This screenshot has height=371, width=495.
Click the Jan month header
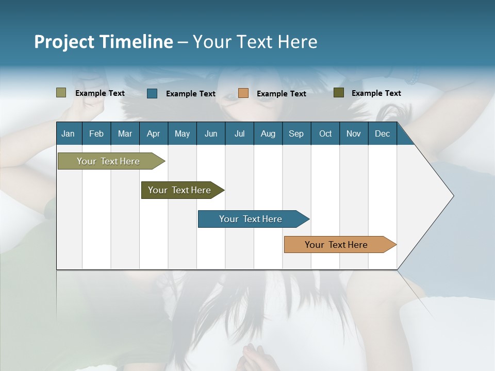pos(68,134)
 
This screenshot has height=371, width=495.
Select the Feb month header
pos(96,134)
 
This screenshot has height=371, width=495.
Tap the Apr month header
pos(154,134)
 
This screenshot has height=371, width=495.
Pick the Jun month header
pos(211,134)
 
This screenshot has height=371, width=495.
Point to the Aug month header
pos(268,134)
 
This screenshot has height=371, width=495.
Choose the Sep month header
pos(296,134)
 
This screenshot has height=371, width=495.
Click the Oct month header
pos(325,134)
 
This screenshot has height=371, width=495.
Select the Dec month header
pos(382,134)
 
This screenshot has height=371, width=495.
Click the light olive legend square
pos(61,93)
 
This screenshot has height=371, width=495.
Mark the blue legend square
pos(152,93)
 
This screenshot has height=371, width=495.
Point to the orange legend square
pos(243,93)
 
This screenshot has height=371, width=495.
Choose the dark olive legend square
pos(338,93)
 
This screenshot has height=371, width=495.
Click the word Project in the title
pos(64,42)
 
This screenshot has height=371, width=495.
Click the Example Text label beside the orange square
pos(281,94)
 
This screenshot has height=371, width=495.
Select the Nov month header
pos(354,134)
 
